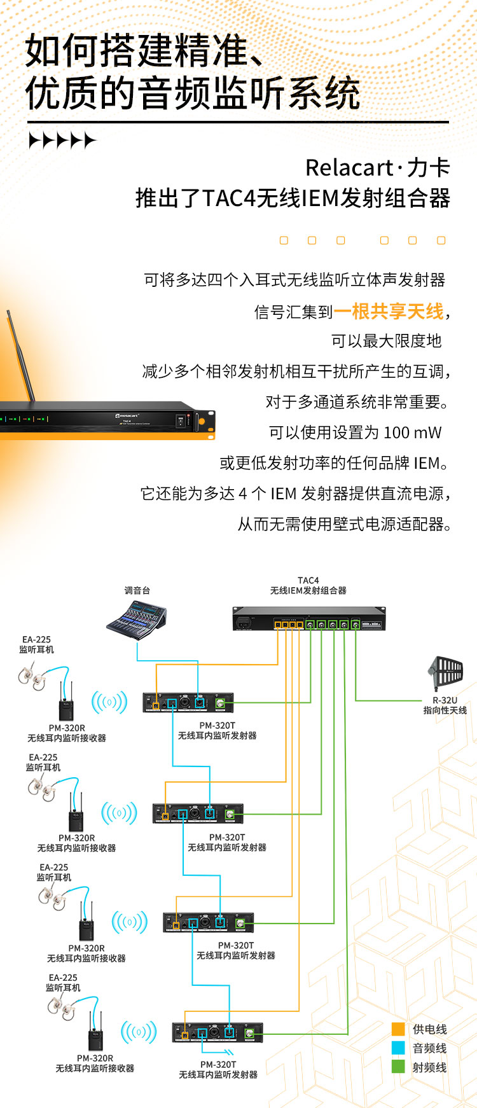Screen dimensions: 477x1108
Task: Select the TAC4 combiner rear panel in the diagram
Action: (308, 619)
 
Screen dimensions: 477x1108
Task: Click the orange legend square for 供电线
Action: (398, 1029)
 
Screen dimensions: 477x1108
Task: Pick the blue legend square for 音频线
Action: (398, 1048)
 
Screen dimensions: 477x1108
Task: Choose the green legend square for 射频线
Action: (398, 1067)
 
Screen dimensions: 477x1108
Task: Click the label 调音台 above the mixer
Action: (137, 590)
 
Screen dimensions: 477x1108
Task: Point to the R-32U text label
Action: (445, 700)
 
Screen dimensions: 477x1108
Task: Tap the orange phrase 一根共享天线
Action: (389, 311)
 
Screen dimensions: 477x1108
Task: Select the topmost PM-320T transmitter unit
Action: (188, 703)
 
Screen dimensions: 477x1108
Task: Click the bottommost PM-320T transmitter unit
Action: (218, 1033)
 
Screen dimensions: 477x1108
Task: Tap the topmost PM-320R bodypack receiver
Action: (67, 702)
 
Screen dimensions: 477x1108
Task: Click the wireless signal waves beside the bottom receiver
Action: (138, 1032)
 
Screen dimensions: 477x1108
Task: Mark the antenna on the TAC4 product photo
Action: (21, 356)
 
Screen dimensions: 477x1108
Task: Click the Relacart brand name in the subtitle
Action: (349, 168)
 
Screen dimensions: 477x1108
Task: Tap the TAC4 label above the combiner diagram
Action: (308, 581)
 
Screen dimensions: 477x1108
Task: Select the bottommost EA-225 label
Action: (63, 978)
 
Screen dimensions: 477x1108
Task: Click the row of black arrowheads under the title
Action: (62, 141)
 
